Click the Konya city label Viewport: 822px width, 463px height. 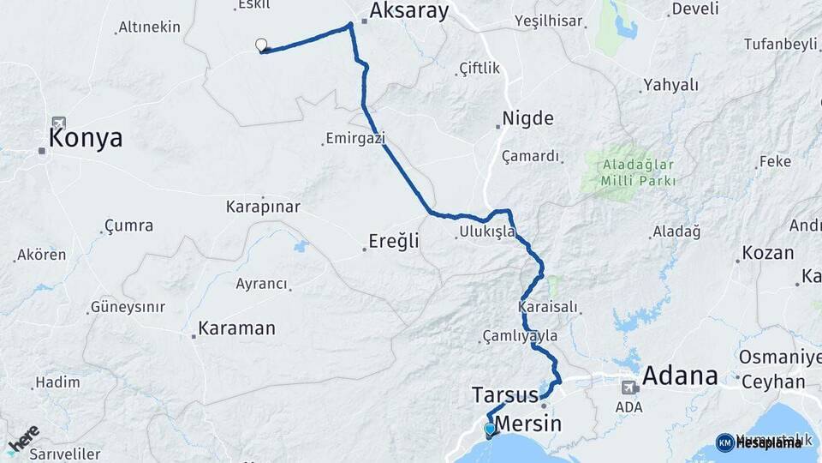tap(86, 138)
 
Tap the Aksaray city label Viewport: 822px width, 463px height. tap(408, 10)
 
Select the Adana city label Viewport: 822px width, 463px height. tap(679, 375)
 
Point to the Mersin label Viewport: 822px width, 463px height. tap(528, 424)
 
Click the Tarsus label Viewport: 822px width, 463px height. tap(504, 395)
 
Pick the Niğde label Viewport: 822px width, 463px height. tap(527, 118)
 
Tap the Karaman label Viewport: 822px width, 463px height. tap(236, 328)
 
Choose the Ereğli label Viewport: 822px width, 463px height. tap(394, 241)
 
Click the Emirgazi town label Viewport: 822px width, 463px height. tap(355, 138)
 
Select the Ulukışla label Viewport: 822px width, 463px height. tap(487, 231)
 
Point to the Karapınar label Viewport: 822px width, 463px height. tap(263, 207)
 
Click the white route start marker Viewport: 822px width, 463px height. tap(261, 45)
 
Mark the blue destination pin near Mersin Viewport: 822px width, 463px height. tap(489, 429)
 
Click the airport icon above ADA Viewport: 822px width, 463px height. tap(629, 387)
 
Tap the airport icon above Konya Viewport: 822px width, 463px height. tap(58, 123)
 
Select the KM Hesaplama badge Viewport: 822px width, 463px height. tap(759, 442)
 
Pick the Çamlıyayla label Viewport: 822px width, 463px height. tap(520, 336)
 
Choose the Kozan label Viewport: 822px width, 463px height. tap(768, 254)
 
